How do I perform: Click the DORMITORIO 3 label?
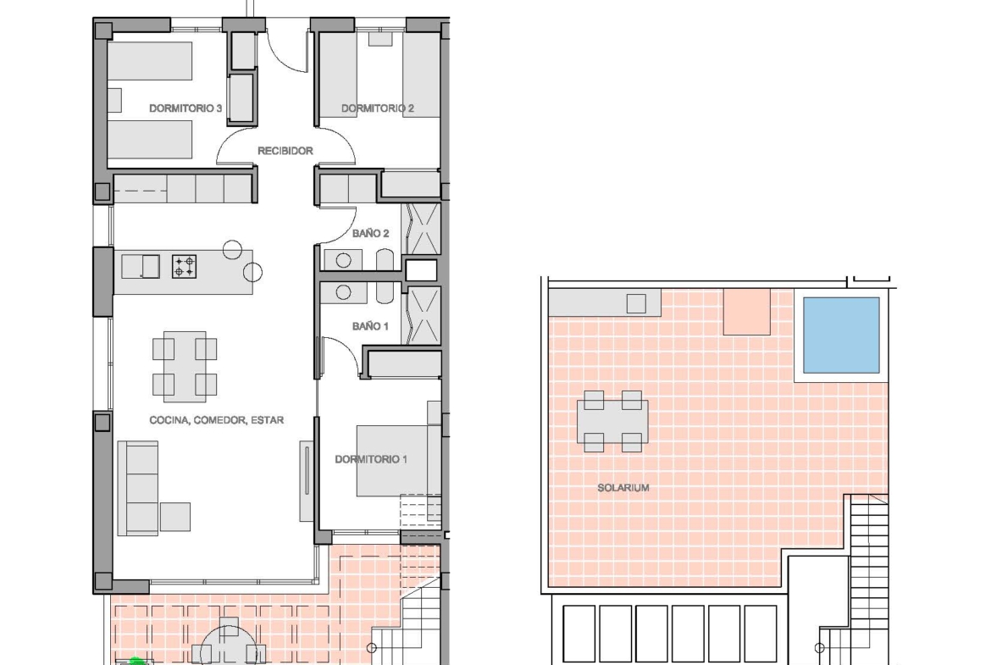[185, 108]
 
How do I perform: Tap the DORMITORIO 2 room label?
[377, 108]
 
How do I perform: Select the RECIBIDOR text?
[285, 151]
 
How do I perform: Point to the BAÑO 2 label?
[370, 233]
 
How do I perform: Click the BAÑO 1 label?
[370, 326]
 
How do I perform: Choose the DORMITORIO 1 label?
[371, 459]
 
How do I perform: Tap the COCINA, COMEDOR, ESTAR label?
[216, 419]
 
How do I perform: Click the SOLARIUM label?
[623, 487]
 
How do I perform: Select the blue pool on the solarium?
[841, 335]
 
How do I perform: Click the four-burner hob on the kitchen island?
[185, 266]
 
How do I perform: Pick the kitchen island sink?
[141, 266]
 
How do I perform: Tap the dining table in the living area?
[185, 367]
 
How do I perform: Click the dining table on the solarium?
[612, 422]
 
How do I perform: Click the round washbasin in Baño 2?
[343, 260]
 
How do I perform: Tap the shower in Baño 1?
[424, 315]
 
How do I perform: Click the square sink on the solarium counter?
[636, 304]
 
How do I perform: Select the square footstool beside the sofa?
[175, 517]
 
